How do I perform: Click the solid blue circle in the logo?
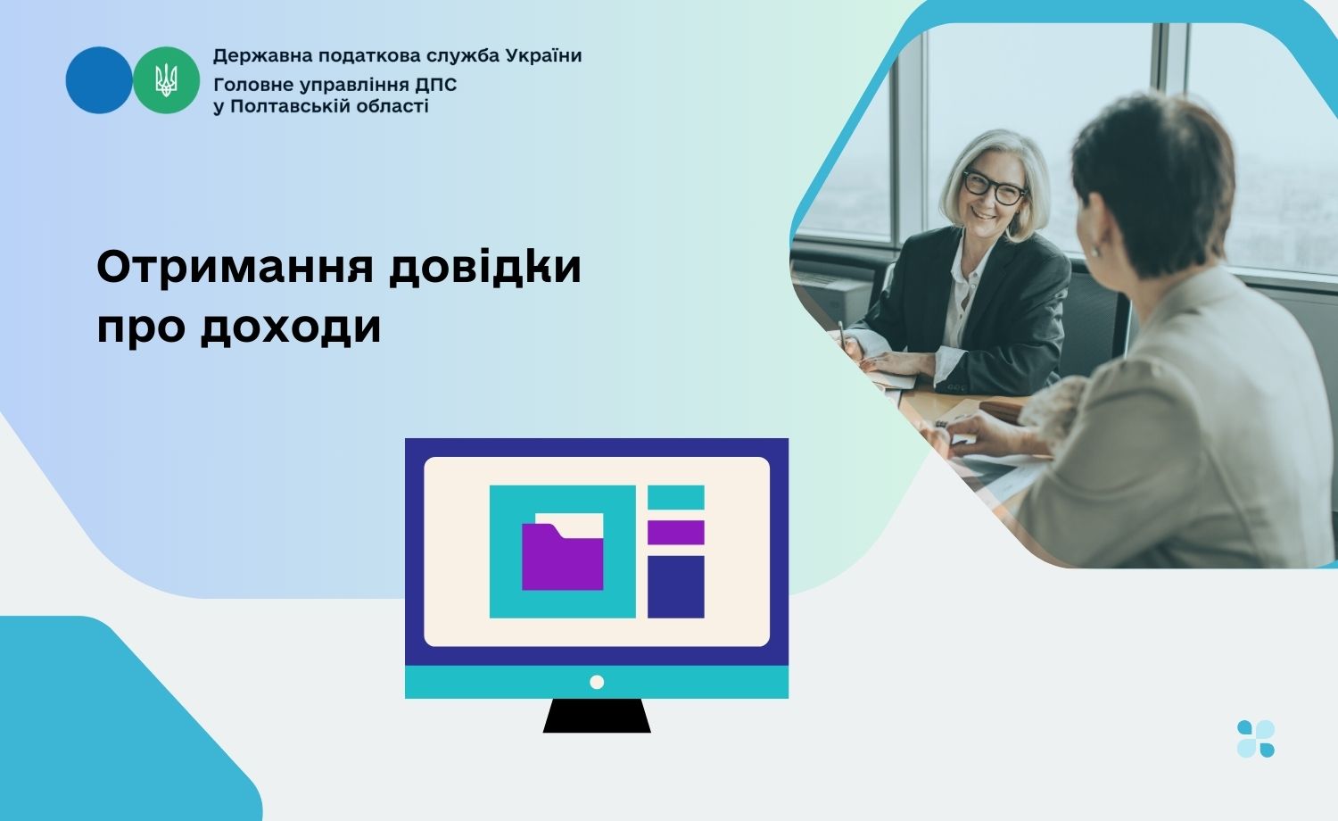[98, 80]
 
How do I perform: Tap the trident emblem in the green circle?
[166, 80]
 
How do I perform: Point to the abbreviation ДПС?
[436, 85]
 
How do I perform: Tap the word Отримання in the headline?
[235, 269]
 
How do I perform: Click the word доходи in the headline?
[290, 328]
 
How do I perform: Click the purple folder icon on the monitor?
[562, 556]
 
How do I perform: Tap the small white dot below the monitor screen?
[597, 682]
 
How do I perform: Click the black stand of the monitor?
[597, 715]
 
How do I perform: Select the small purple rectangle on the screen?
[675, 533]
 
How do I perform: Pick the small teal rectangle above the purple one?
[675, 497]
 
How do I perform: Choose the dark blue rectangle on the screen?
[675, 587]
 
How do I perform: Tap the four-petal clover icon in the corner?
[1256, 739]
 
